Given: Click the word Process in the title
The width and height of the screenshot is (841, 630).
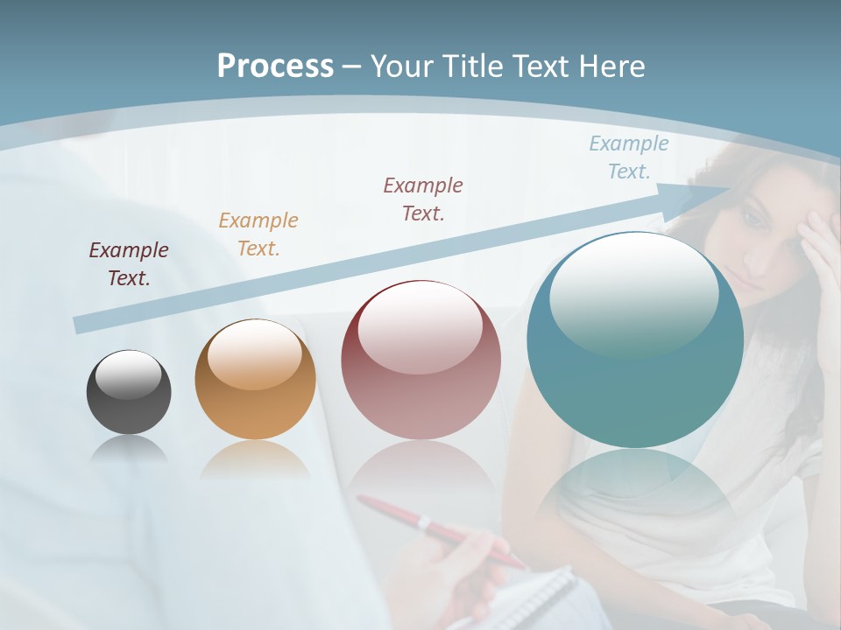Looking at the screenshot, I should click(275, 66).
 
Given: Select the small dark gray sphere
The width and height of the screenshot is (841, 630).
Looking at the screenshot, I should click(129, 392).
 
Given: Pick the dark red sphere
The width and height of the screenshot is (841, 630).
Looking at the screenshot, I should click(420, 360).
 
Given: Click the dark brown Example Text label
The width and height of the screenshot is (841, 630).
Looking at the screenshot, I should click(129, 263).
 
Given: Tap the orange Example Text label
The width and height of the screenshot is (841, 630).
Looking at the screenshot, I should click(258, 234).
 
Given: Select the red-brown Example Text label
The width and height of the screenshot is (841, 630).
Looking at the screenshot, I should click(423, 199).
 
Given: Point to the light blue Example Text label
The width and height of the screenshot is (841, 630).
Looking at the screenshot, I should click(629, 157).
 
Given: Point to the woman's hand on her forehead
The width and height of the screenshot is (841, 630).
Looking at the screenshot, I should click(819, 254).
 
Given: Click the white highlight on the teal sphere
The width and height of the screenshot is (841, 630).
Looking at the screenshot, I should click(633, 293).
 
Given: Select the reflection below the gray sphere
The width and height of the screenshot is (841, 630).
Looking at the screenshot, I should click(129, 450).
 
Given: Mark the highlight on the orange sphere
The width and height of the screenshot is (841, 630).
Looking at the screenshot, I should click(254, 354).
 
